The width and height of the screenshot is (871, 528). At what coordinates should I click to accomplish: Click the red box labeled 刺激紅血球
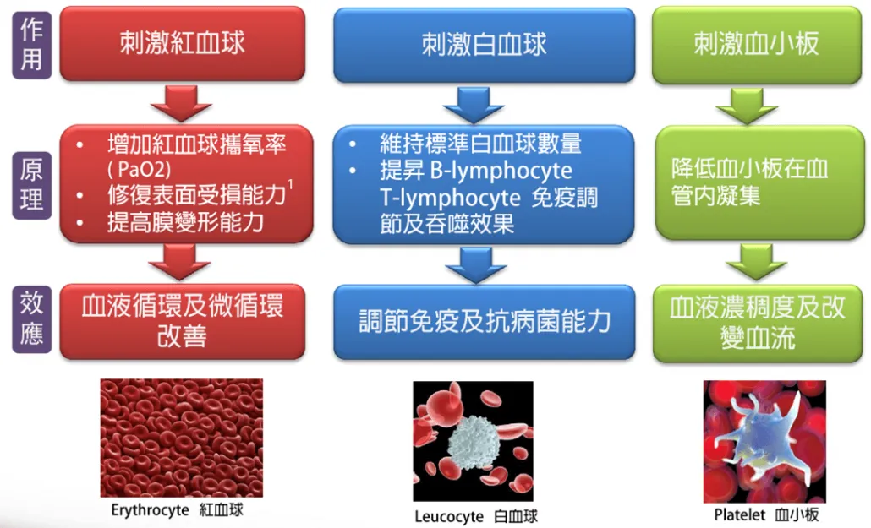[x=182, y=43]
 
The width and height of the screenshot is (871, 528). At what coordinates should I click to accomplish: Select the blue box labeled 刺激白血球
[x=484, y=45]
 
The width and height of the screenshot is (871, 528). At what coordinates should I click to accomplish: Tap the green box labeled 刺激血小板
[x=757, y=45]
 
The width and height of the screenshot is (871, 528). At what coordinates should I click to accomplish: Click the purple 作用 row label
[x=31, y=45]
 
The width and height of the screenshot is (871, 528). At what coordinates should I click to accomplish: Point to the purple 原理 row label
[x=31, y=185]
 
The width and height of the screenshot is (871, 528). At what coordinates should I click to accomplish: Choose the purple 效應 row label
[x=31, y=319]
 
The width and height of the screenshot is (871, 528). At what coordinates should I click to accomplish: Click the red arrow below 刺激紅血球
[x=181, y=103]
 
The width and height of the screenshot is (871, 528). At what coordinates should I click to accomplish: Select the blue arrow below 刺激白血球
[x=474, y=105]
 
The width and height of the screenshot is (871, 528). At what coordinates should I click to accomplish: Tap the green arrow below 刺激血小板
[x=747, y=106]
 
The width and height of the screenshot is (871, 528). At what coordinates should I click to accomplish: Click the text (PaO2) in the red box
[x=139, y=169]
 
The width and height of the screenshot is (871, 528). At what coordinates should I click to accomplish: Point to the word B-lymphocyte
[x=501, y=171]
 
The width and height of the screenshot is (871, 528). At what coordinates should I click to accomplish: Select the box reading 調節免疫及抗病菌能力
[x=484, y=322]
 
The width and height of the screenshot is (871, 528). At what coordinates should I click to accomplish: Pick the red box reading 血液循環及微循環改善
[x=182, y=321]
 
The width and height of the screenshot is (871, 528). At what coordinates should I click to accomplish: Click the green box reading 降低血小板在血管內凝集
[x=759, y=182]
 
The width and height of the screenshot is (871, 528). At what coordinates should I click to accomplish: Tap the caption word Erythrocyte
[x=150, y=510]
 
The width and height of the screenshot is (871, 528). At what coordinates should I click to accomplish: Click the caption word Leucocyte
[x=449, y=517]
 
